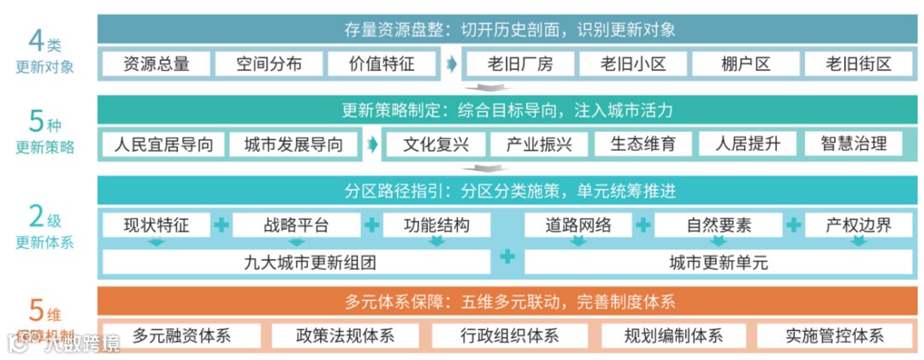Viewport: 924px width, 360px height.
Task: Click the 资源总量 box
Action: coord(156,63)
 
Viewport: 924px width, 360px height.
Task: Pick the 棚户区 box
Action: coord(745,63)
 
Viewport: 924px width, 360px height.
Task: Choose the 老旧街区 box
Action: coord(858,63)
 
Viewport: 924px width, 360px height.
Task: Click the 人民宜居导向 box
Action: coord(163,144)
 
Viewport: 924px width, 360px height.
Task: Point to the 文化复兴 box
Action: coord(435,144)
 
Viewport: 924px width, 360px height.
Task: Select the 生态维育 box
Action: coord(643,144)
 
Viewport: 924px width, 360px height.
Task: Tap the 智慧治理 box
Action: coord(853,144)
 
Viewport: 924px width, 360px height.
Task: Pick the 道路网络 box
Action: coord(578,226)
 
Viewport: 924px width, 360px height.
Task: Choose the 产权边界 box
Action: coord(858,226)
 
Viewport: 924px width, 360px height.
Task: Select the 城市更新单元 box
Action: coord(719,263)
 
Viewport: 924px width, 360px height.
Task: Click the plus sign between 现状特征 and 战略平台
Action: coord(222,226)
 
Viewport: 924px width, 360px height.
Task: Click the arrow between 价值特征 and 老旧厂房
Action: coord(450,64)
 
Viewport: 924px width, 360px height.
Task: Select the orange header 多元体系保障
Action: coord(510,301)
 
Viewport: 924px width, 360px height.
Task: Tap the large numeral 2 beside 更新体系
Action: coord(36,217)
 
